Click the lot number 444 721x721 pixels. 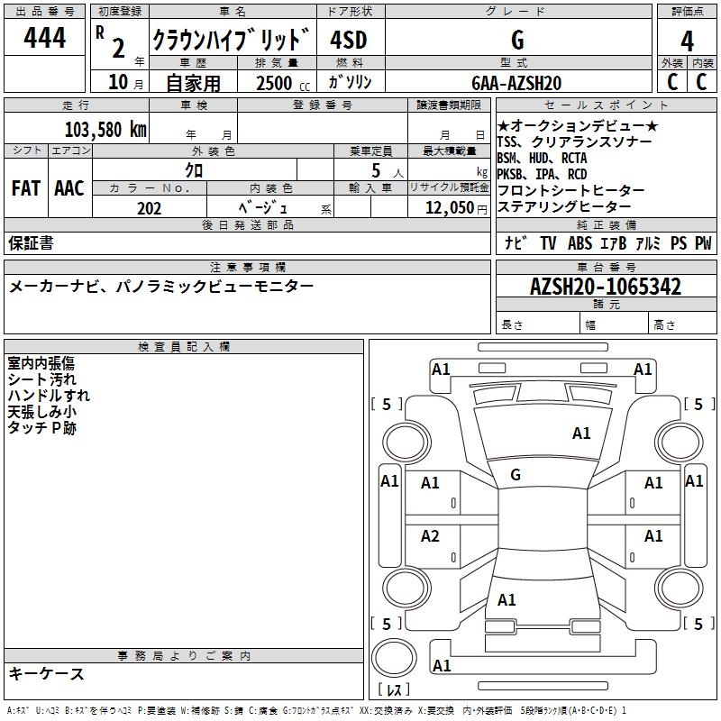45,39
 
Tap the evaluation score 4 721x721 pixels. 688,41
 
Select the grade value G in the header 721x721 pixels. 516,41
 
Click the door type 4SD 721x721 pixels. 348,41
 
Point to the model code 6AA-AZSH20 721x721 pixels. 516,83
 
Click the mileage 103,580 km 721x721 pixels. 105,129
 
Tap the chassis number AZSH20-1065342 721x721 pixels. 606,287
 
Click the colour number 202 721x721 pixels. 149,208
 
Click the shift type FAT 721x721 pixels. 25,188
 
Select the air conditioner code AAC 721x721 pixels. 68,188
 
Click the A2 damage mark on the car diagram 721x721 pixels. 430,536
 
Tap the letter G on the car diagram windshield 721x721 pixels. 516,475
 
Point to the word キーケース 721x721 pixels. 47,673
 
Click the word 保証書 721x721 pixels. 31,242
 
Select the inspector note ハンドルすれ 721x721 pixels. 49,395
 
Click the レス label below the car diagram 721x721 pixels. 394,690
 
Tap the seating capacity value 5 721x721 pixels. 373,170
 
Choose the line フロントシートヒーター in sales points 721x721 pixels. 570,191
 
